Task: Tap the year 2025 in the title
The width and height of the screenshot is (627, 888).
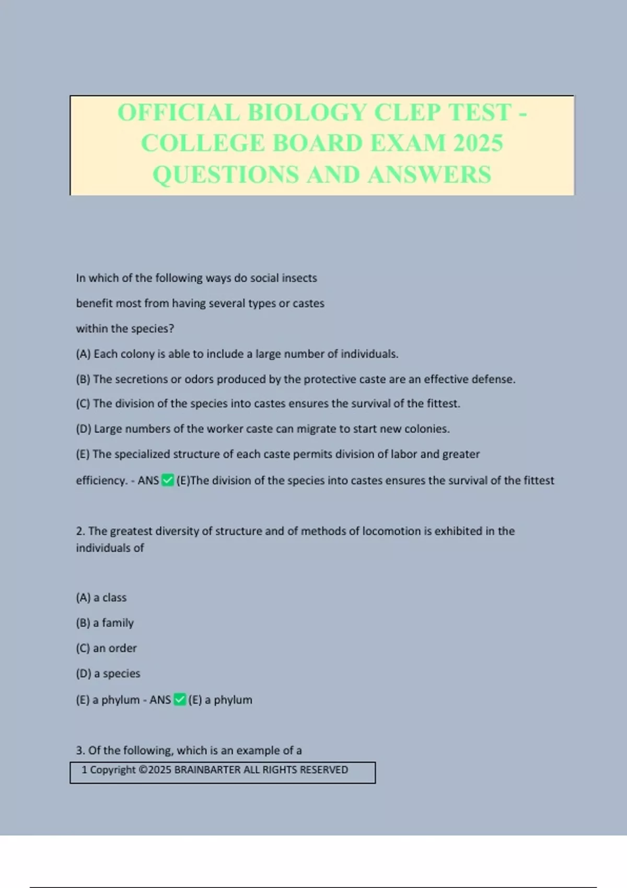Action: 478,143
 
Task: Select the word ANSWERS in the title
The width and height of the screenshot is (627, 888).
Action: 429,174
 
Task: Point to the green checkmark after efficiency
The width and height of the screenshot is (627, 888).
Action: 168,480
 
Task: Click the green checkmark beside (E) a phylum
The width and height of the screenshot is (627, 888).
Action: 180,699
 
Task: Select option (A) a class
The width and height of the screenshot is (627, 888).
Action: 101,598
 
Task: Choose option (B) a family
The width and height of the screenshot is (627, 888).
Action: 104,623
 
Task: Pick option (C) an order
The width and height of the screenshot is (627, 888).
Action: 106,648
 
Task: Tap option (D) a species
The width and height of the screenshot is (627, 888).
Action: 108,673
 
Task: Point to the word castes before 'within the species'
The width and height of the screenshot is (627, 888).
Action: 308,303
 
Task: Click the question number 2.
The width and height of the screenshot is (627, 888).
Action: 79,531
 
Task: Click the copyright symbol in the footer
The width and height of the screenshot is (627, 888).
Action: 143,770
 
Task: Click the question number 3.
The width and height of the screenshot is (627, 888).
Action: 79,751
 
